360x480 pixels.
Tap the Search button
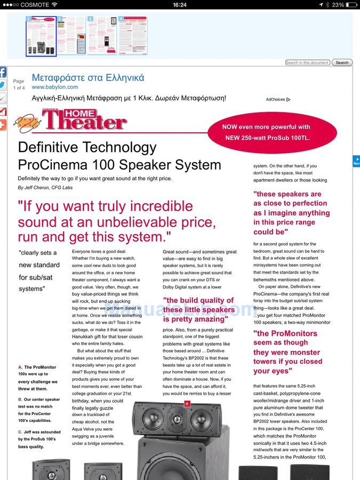(342, 62)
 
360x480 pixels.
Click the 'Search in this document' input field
(308, 62)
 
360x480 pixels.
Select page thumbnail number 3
(102, 35)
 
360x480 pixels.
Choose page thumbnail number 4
(132, 35)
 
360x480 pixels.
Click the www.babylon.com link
(55, 87)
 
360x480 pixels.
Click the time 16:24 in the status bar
(180, 5)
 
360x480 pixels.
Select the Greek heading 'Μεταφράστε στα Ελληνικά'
(88, 78)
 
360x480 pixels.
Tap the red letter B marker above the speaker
(187, 404)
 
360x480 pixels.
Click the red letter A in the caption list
(20, 367)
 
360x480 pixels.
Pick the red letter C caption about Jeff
(20, 425)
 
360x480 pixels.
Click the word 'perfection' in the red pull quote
(306, 203)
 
